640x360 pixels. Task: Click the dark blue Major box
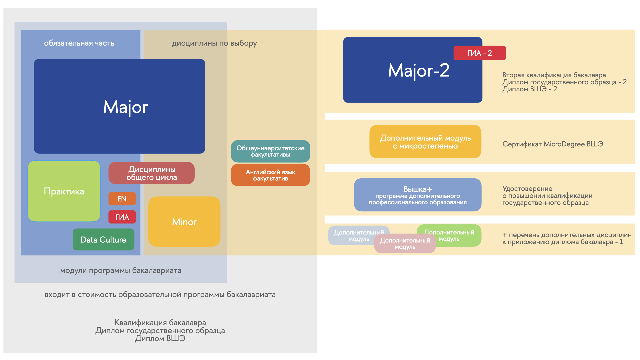[x=119, y=106]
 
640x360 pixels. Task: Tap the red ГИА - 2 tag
[x=480, y=53]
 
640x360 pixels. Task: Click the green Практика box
[x=64, y=191]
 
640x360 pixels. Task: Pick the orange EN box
[x=122, y=199]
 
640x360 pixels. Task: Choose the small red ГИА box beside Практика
[x=122, y=217]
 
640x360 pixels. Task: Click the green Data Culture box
[x=104, y=239]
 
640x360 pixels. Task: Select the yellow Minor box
[x=184, y=222]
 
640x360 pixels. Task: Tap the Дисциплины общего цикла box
[x=152, y=173]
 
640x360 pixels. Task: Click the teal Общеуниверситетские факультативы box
[x=271, y=151]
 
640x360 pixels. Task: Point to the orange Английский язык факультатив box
[x=271, y=175]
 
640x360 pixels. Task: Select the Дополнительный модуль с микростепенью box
[x=425, y=142]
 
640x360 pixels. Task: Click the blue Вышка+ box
[x=418, y=195]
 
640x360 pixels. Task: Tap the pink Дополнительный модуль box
[x=405, y=244]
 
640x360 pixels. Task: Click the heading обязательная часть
[x=79, y=43]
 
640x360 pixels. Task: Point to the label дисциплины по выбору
[x=214, y=43]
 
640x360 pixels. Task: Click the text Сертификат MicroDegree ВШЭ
[x=553, y=144]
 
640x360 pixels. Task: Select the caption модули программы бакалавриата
[x=121, y=270]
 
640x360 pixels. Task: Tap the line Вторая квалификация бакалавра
[x=554, y=75]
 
